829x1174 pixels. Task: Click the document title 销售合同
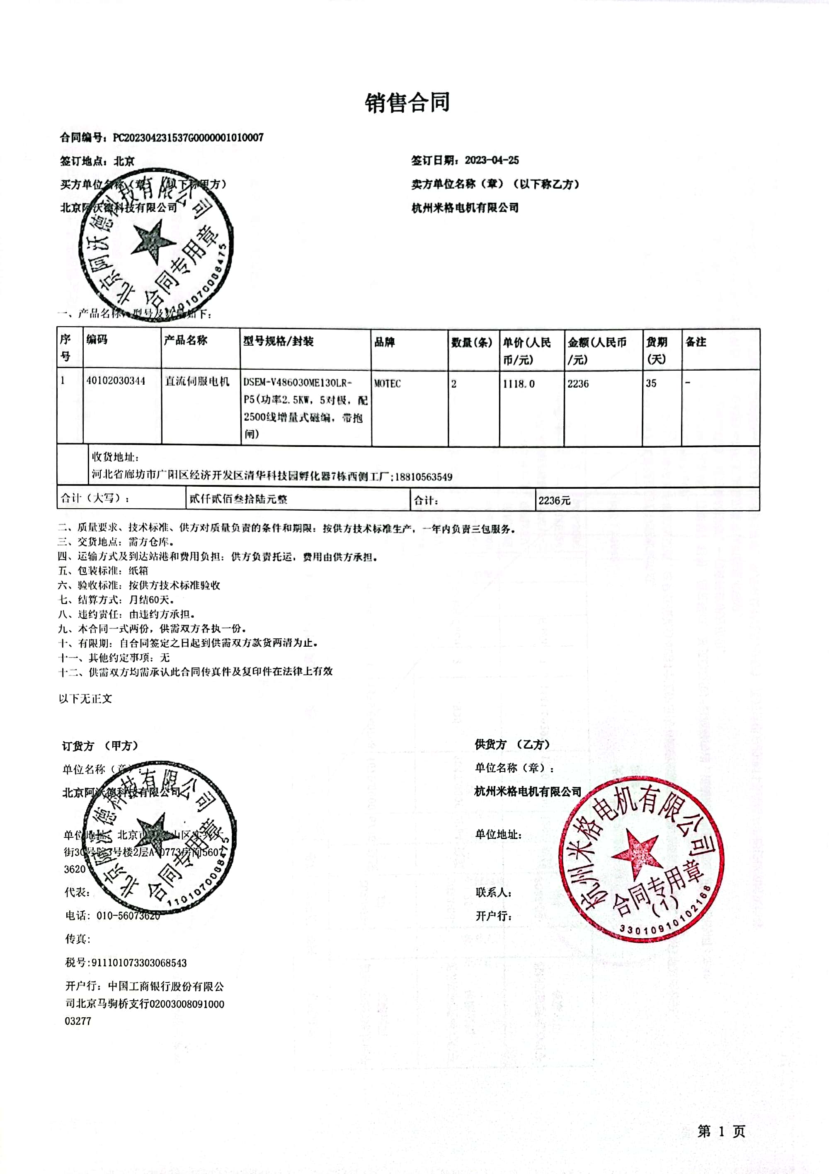pyautogui.click(x=407, y=103)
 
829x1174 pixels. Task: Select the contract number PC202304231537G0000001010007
pyautogui.click(x=188, y=138)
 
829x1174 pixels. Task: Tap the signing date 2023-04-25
pyautogui.click(x=492, y=160)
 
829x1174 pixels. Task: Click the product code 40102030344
pyautogui.click(x=116, y=381)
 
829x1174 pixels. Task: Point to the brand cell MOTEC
pyautogui.click(x=387, y=383)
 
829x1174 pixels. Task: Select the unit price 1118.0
pyautogui.click(x=519, y=383)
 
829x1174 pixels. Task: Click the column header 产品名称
pyautogui.click(x=185, y=340)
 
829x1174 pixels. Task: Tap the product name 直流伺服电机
pyautogui.click(x=197, y=381)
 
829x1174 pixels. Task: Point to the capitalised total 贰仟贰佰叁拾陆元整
pyautogui.click(x=238, y=499)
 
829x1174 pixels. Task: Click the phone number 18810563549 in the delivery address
pyautogui.click(x=424, y=477)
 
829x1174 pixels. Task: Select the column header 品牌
pyautogui.click(x=384, y=342)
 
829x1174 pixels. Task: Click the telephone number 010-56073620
pyautogui.click(x=128, y=915)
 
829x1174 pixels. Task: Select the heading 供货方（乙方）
pyautogui.click(x=512, y=745)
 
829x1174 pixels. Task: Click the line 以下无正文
pyautogui.click(x=85, y=699)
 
